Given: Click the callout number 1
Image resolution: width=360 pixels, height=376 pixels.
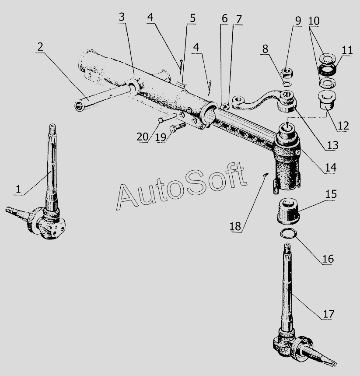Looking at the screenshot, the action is [18, 189].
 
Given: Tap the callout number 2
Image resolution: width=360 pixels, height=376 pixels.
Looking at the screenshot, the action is [40, 47].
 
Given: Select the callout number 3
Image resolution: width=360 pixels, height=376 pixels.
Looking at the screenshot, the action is [122, 17].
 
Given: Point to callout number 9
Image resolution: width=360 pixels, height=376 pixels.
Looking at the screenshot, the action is [298, 21].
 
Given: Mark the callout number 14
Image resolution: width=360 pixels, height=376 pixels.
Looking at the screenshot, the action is [331, 167].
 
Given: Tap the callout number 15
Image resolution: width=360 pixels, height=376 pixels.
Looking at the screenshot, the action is [331, 194].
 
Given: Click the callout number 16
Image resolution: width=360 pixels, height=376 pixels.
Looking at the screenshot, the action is [328, 259].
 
